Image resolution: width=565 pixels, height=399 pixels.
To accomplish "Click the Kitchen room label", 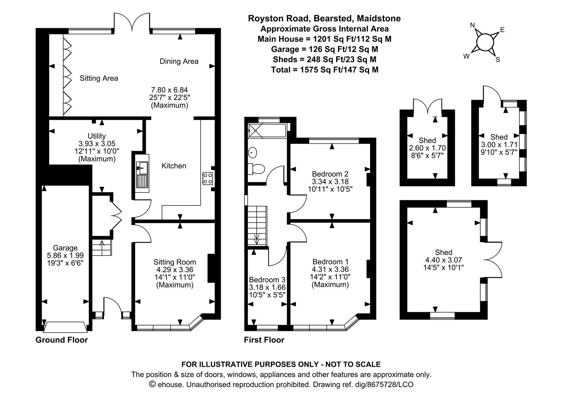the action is [x=174, y=166].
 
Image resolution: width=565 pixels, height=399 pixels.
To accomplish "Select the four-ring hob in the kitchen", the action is [x=207, y=178].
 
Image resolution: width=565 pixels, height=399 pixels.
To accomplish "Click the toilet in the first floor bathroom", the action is [x=256, y=169].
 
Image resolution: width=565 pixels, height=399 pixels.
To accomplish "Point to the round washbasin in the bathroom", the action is [x=253, y=153].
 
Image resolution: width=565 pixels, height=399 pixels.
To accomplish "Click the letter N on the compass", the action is [x=473, y=25].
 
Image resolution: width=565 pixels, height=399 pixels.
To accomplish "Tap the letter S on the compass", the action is [x=498, y=60].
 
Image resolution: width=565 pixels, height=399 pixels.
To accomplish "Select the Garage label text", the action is [x=65, y=248].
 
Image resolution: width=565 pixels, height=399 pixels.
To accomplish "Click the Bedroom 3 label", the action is [x=267, y=280].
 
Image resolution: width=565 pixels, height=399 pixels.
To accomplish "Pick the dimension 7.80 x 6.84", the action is [x=169, y=90].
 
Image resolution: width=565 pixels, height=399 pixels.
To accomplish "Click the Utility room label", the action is [x=97, y=136].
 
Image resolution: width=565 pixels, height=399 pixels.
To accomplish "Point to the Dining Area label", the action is [x=179, y=61].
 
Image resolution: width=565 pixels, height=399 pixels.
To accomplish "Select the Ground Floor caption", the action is [x=61, y=340].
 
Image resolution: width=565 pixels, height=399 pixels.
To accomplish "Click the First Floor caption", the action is [x=264, y=340].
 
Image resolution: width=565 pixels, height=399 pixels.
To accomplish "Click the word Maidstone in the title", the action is [x=379, y=18].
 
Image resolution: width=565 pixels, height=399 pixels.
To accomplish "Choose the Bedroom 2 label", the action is [x=330, y=174].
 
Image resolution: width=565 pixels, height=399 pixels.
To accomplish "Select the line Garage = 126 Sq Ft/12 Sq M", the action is [x=325, y=49].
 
